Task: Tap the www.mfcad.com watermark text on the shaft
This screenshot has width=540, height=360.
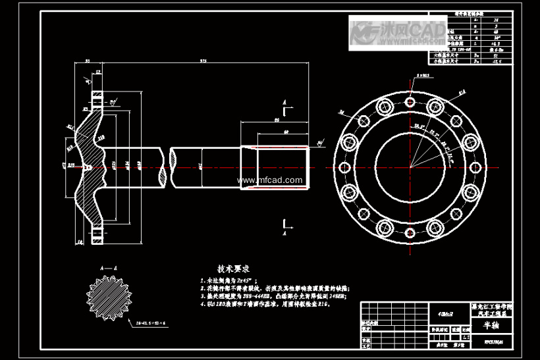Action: (x=269, y=180)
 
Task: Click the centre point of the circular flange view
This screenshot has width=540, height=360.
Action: (x=410, y=167)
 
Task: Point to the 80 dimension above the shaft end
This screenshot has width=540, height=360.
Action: (x=277, y=121)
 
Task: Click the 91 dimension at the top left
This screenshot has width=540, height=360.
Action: (x=87, y=61)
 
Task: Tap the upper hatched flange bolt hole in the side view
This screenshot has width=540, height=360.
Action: (x=98, y=99)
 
